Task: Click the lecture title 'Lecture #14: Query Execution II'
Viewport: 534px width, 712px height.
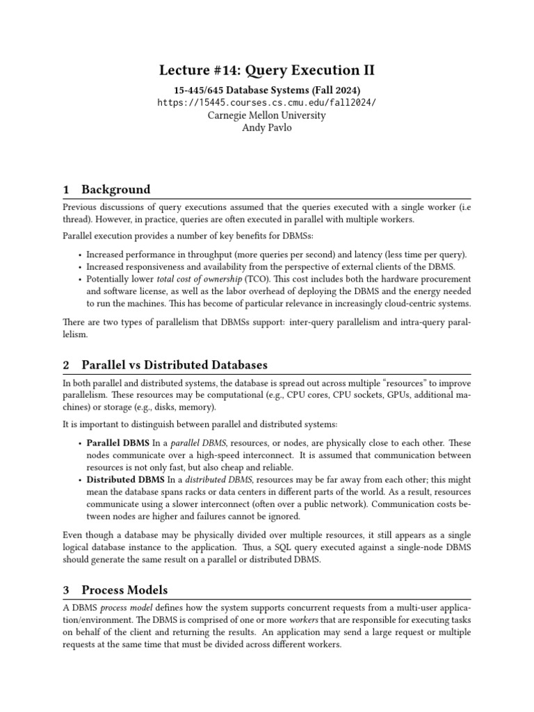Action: (x=267, y=70)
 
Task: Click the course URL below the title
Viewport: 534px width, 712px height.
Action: (x=267, y=102)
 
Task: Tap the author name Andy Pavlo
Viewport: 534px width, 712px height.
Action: (x=267, y=128)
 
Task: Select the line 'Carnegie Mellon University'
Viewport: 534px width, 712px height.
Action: (x=267, y=115)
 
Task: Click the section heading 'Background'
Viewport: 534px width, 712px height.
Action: (x=115, y=189)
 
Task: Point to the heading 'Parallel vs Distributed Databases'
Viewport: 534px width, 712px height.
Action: (x=175, y=365)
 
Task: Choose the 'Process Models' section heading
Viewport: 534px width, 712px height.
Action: (x=124, y=590)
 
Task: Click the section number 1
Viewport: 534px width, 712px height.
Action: (x=66, y=189)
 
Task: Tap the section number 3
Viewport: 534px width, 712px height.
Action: (x=66, y=590)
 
